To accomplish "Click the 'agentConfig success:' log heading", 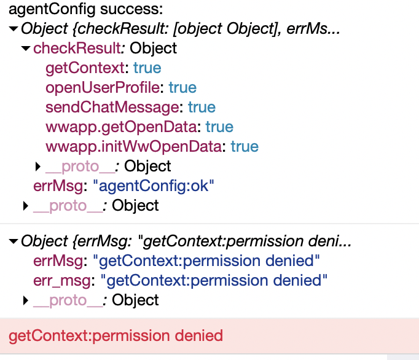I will pyautogui.click(x=84, y=10).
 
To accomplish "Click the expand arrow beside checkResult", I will pyautogui.click(x=26, y=48).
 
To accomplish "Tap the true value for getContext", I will pyautogui.click(x=147, y=68).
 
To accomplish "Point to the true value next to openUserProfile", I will pyautogui.click(x=182, y=87).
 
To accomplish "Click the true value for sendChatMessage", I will pyautogui.click(x=202, y=107).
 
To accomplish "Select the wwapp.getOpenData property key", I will pyautogui.click(x=122, y=127).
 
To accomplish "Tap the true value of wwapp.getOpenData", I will pyautogui.click(x=219, y=127).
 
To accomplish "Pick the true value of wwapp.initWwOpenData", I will pyautogui.click(x=245, y=146).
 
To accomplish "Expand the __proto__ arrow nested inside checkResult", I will pyautogui.click(x=38, y=166).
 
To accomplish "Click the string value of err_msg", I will pyautogui.click(x=214, y=280).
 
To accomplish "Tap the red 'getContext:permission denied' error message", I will pyautogui.click(x=116, y=335).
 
